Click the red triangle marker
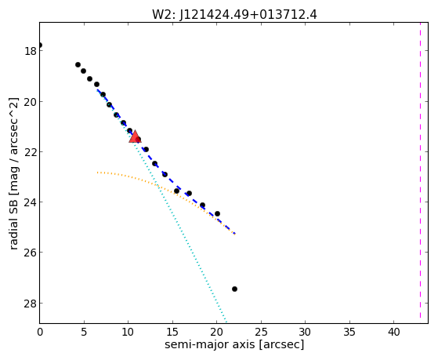click(x=135, y=136)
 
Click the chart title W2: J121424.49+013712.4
click(x=234, y=15)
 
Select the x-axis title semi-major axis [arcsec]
click(x=234, y=344)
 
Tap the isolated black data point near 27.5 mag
click(x=234, y=289)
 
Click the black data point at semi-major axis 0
click(x=40, y=45)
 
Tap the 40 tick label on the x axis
click(x=393, y=333)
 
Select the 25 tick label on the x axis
click(x=261, y=333)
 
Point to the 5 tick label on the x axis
click(x=84, y=333)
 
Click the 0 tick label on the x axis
click(x=40, y=333)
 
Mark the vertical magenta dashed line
click(x=420, y=170)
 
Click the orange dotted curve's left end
click(x=97, y=173)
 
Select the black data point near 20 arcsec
click(x=217, y=213)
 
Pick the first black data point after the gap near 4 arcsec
click(x=78, y=64)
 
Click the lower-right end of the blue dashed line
click(x=235, y=233)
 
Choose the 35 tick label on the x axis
click(x=349, y=333)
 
